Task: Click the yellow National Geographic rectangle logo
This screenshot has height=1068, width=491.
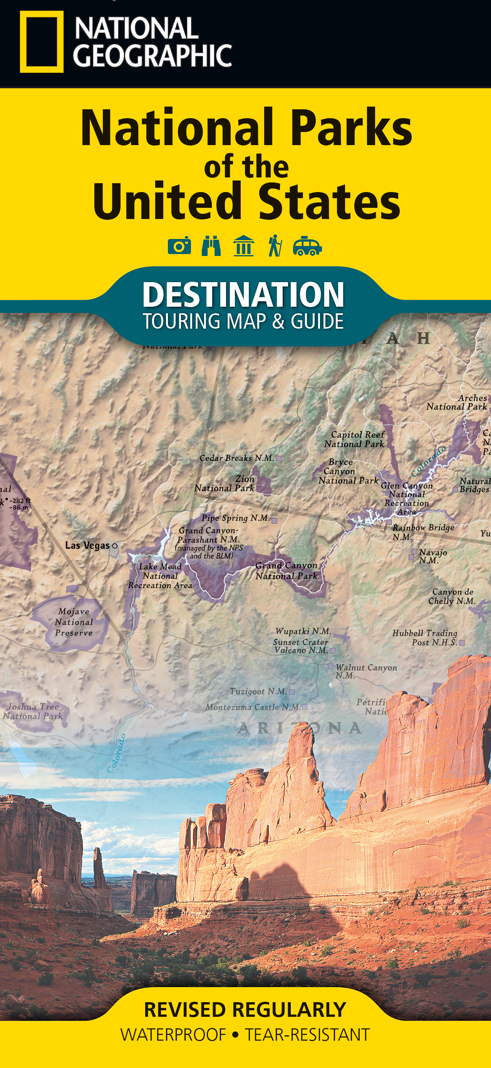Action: point(42,42)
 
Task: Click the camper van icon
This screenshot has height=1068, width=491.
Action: point(307,246)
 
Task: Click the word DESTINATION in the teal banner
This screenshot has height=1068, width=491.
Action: point(243,294)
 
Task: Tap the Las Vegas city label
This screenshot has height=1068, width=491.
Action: point(87,546)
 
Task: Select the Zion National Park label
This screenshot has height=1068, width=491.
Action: point(225,483)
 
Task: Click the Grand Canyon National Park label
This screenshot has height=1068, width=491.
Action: point(286,570)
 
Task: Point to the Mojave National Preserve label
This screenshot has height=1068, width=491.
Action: point(74,622)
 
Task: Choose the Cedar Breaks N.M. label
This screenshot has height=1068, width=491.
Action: point(237,458)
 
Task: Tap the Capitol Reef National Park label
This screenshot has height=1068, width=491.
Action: point(355,439)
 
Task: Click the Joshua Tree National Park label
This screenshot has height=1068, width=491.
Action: point(33,712)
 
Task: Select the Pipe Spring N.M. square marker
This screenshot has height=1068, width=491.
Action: point(274,519)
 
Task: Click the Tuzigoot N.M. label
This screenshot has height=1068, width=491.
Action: point(258,691)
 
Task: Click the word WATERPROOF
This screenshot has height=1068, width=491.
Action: point(173,1035)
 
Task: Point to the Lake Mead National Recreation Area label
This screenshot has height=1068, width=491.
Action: point(160,576)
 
